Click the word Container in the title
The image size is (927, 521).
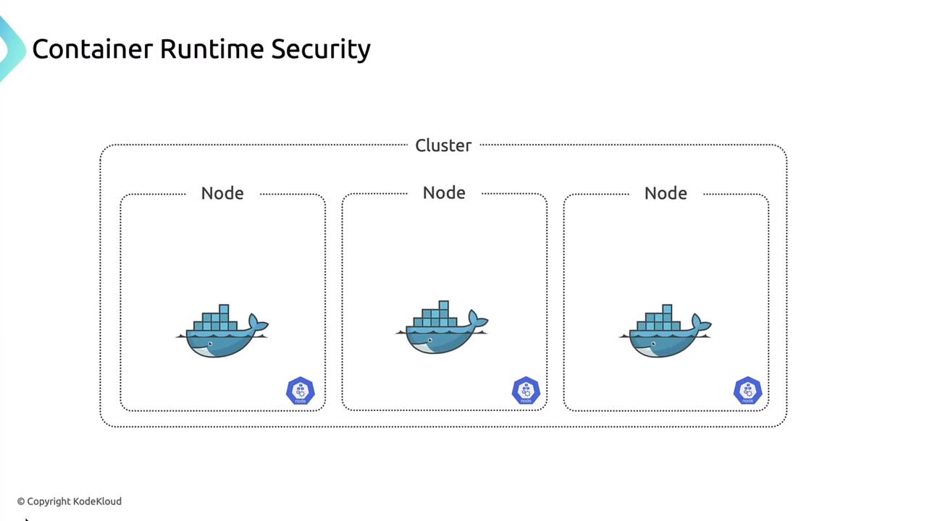click(x=93, y=49)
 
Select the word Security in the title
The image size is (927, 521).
click(x=321, y=49)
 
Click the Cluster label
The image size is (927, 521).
click(x=443, y=145)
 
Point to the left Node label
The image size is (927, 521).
click(x=222, y=193)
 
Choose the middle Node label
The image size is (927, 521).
click(x=444, y=192)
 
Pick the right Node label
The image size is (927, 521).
click(x=666, y=193)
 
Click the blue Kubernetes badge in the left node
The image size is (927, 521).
click(x=300, y=391)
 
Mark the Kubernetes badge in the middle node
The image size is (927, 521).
click(x=526, y=391)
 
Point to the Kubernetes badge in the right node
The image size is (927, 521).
click(x=747, y=391)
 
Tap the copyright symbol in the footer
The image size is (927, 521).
click(x=21, y=501)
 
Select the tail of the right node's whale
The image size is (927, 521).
click(x=700, y=323)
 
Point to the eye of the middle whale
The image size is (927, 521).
click(x=430, y=339)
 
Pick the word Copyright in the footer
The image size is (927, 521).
click(x=49, y=501)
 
